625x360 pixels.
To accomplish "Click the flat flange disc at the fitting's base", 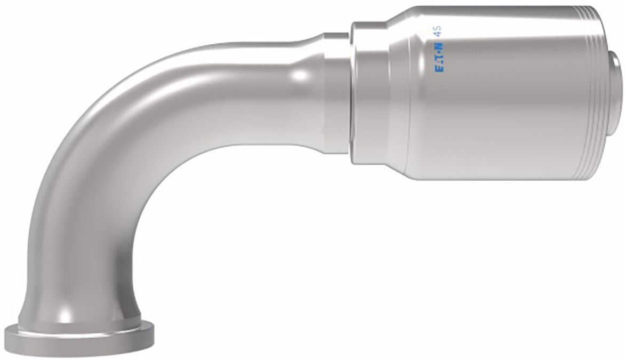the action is (79, 337).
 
